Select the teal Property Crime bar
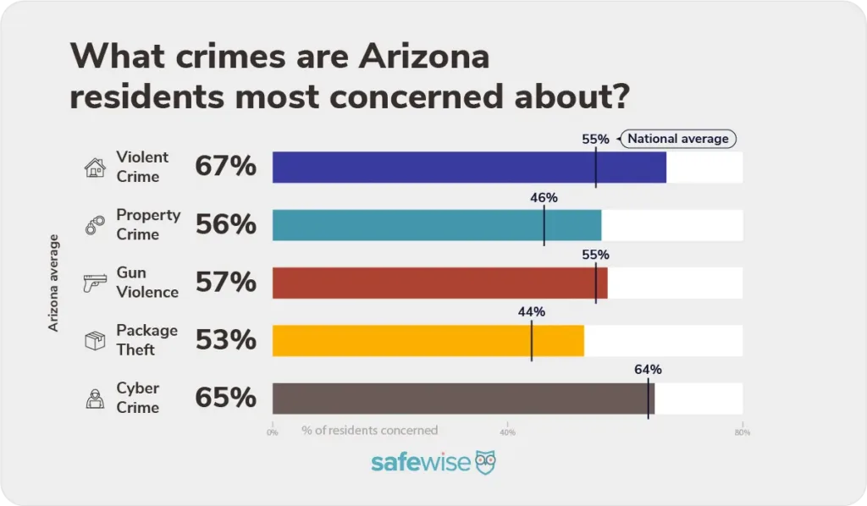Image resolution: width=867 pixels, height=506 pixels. [436, 225]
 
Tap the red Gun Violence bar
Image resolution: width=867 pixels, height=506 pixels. [439, 283]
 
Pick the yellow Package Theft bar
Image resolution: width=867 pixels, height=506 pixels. [428, 340]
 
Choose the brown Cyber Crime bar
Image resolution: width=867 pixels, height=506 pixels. [462, 398]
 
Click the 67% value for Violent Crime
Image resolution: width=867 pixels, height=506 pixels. [225, 167]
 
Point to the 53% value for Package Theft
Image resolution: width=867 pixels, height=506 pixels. [225, 340]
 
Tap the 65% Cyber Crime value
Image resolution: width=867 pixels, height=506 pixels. [225, 398]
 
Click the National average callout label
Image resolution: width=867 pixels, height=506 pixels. [678, 139]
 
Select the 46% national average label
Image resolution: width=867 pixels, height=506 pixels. [544, 198]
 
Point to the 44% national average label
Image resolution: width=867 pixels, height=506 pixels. [531, 312]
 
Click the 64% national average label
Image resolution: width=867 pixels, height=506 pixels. [648, 370]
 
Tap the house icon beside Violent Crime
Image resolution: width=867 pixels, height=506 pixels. [94, 168]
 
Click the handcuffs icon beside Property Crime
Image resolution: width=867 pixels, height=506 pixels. [94, 225]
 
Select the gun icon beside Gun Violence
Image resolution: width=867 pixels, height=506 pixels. [94, 283]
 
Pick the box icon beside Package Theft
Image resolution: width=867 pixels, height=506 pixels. [94, 340]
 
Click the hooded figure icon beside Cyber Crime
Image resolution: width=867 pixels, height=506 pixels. [94, 398]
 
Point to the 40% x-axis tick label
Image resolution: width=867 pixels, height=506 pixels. [507, 432]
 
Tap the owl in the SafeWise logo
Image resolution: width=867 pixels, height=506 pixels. [485, 462]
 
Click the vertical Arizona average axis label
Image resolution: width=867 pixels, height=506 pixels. [54, 283]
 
